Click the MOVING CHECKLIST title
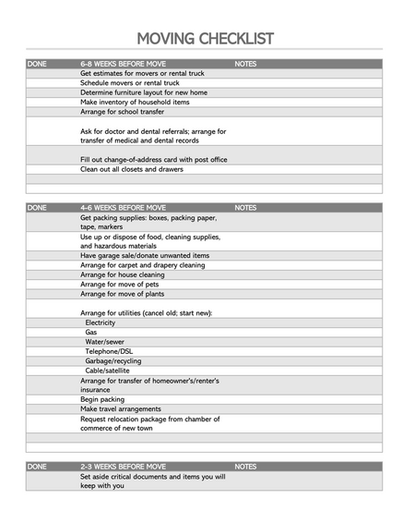tap(205, 38)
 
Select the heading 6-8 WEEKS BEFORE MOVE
tap(123, 64)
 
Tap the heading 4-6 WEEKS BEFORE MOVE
tap(123, 208)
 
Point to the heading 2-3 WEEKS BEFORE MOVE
tap(123, 467)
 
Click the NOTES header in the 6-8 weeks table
tap(246, 64)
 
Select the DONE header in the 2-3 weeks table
tap(38, 467)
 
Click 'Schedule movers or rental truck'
tap(131, 83)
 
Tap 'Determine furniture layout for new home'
tap(144, 92)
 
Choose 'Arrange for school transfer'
tap(123, 112)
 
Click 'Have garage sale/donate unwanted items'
tap(145, 255)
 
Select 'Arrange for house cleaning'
tap(123, 274)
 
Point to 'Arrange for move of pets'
tap(121, 285)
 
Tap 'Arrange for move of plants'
tap(123, 294)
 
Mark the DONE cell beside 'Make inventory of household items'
tap(51, 102)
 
